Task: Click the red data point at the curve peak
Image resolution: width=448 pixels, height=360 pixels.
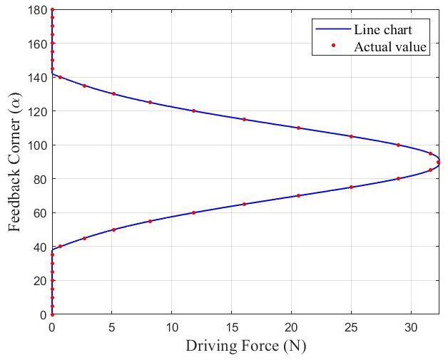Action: [x=438, y=163]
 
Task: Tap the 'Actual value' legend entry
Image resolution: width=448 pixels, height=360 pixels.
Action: [x=390, y=48]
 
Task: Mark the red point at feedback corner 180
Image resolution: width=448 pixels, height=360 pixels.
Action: [x=52, y=10]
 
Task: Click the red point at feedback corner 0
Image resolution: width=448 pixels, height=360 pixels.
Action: [x=52, y=314]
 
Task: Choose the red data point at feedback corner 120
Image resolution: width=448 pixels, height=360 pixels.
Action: [x=193, y=111]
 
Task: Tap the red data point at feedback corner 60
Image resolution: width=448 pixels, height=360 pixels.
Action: [x=193, y=212]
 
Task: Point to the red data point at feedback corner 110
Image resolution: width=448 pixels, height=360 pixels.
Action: [x=298, y=128]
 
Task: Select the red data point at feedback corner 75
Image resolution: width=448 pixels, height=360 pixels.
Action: [x=351, y=187]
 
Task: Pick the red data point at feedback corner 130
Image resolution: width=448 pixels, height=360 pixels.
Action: [x=113, y=94]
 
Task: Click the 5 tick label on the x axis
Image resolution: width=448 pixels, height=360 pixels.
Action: [x=111, y=327]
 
